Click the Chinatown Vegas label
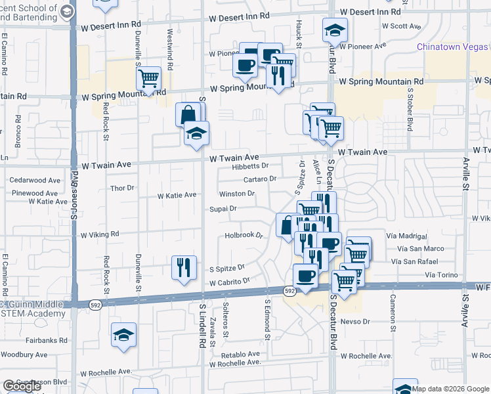[453, 47]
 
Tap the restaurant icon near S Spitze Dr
[182, 267]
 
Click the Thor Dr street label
[122, 188]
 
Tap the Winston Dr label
[236, 194]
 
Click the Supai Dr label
[223, 209]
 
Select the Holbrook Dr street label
[244, 234]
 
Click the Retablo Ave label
[245, 354]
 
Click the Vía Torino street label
[440, 274]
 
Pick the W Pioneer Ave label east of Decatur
[363, 47]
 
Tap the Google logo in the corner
[22, 386]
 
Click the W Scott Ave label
[400, 26]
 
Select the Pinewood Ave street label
[35, 194]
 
